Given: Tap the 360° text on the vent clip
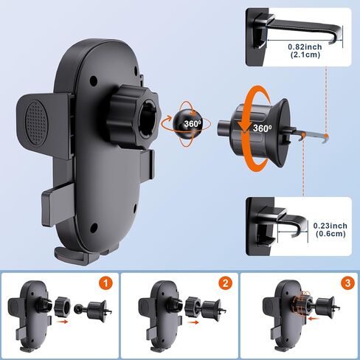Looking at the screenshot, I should [262, 127].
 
